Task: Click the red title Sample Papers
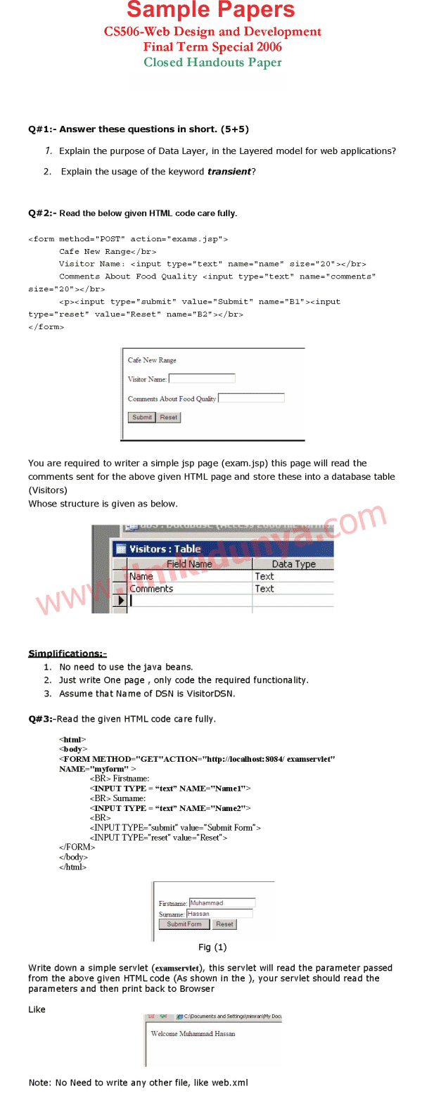tap(211, 11)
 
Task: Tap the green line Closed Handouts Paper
tap(212, 62)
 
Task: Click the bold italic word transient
tap(229, 172)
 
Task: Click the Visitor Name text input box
tap(202, 378)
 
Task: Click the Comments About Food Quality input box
tap(251, 398)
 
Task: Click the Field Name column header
tap(188, 563)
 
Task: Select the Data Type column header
tap(293, 563)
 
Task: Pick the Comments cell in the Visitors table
tap(151, 589)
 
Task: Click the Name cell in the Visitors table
tap(141, 576)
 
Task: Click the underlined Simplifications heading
tap(67, 653)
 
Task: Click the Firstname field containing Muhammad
tap(222, 902)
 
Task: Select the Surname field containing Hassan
tap(219, 914)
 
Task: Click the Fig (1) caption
tap(212, 947)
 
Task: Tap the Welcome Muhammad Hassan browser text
tap(193, 1034)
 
